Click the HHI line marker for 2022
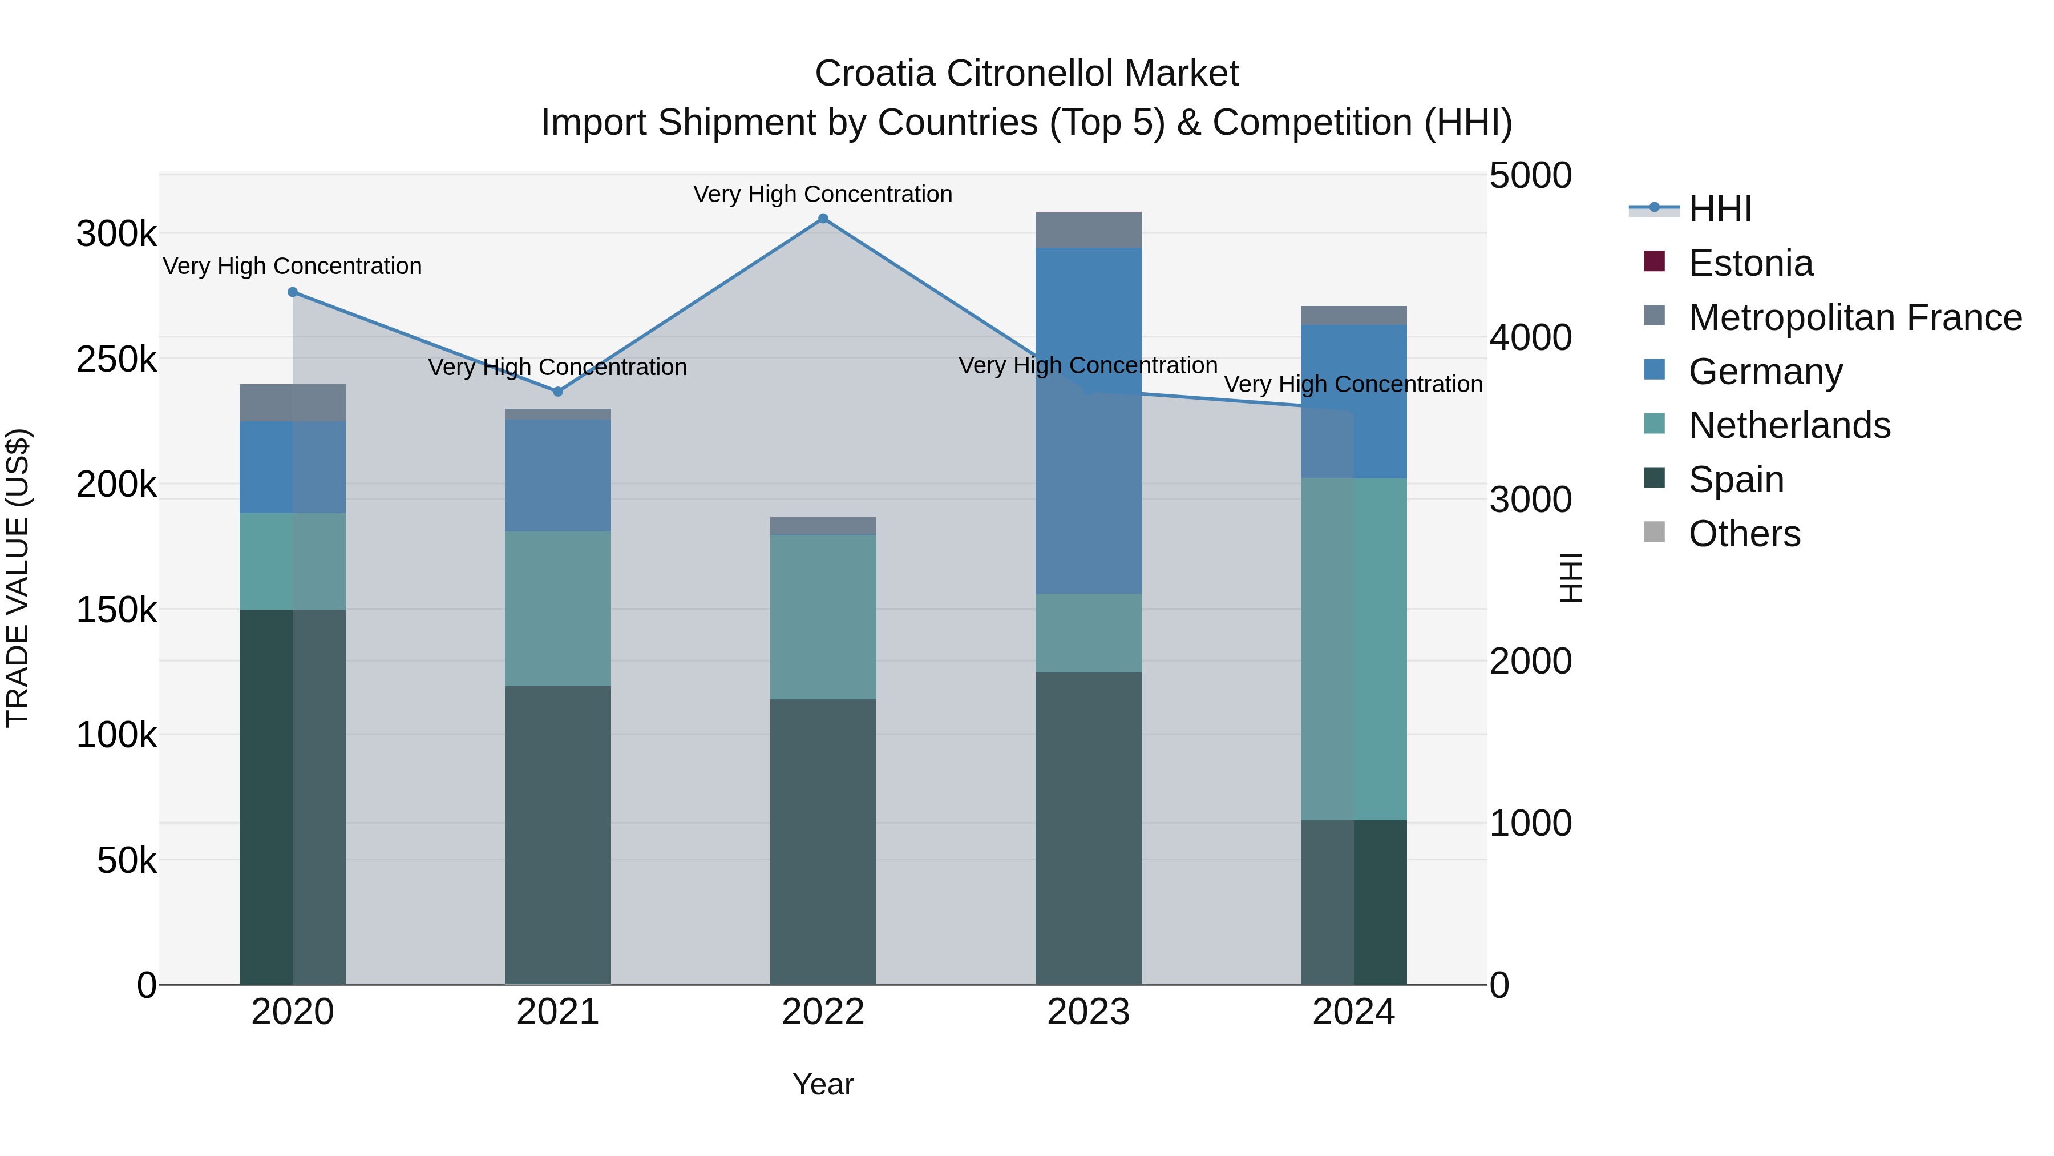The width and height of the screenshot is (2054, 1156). (823, 219)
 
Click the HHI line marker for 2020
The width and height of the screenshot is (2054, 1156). (293, 292)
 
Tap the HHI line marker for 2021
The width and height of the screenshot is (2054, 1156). (557, 392)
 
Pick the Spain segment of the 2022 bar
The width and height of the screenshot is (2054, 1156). (823, 841)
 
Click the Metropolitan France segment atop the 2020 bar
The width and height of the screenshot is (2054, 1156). (293, 402)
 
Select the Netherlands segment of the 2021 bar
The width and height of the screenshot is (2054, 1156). (557, 608)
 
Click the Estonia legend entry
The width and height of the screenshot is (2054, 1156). (1750, 263)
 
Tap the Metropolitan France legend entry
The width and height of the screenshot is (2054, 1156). (1855, 317)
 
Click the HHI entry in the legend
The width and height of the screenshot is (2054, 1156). (1719, 209)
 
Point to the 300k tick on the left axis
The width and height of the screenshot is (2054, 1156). (116, 235)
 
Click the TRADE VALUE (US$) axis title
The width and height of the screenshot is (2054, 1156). (18, 578)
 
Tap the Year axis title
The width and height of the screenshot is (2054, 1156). (823, 1084)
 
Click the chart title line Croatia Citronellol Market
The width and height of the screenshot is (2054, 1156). (1026, 74)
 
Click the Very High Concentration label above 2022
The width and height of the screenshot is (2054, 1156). (823, 194)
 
